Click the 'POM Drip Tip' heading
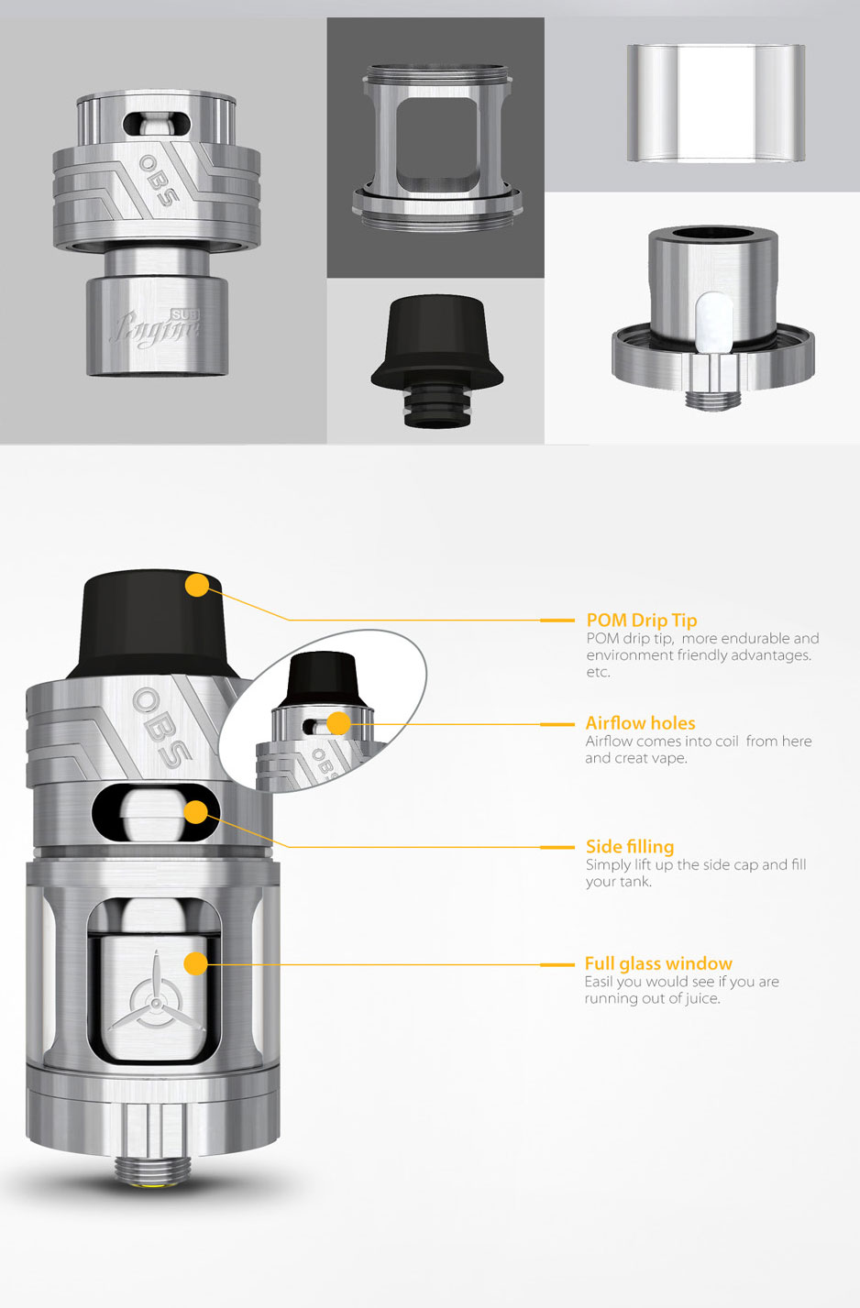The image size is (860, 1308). tap(642, 621)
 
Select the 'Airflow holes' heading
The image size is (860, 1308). tap(640, 723)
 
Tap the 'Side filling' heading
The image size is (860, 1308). tap(630, 847)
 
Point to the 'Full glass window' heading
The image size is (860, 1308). tap(658, 963)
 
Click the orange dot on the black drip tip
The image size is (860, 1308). tap(197, 585)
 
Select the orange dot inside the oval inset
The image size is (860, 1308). tap(338, 724)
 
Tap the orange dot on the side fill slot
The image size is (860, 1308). tap(195, 812)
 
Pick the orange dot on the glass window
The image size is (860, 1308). tap(195, 963)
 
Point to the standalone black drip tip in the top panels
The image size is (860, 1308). tap(436, 361)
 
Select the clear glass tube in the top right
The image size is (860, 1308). tap(716, 103)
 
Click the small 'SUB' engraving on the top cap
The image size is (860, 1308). tap(185, 315)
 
